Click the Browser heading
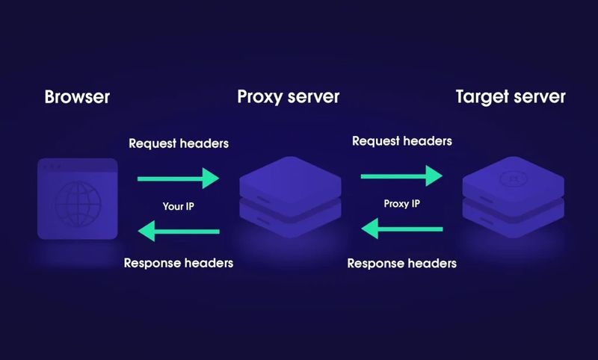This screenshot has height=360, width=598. [x=77, y=97]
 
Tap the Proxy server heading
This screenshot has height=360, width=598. [x=288, y=97]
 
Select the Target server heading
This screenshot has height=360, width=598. [x=511, y=97]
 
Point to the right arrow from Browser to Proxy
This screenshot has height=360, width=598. [x=178, y=178]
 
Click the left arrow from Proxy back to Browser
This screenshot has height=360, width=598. [x=178, y=232]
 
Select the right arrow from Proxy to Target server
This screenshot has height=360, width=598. [x=401, y=176]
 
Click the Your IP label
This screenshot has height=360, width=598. [x=178, y=205]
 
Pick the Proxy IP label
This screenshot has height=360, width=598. [x=401, y=203]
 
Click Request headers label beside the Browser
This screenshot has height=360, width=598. [x=179, y=143]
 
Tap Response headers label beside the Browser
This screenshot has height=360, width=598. [x=179, y=263]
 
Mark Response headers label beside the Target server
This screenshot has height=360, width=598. [x=401, y=263]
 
